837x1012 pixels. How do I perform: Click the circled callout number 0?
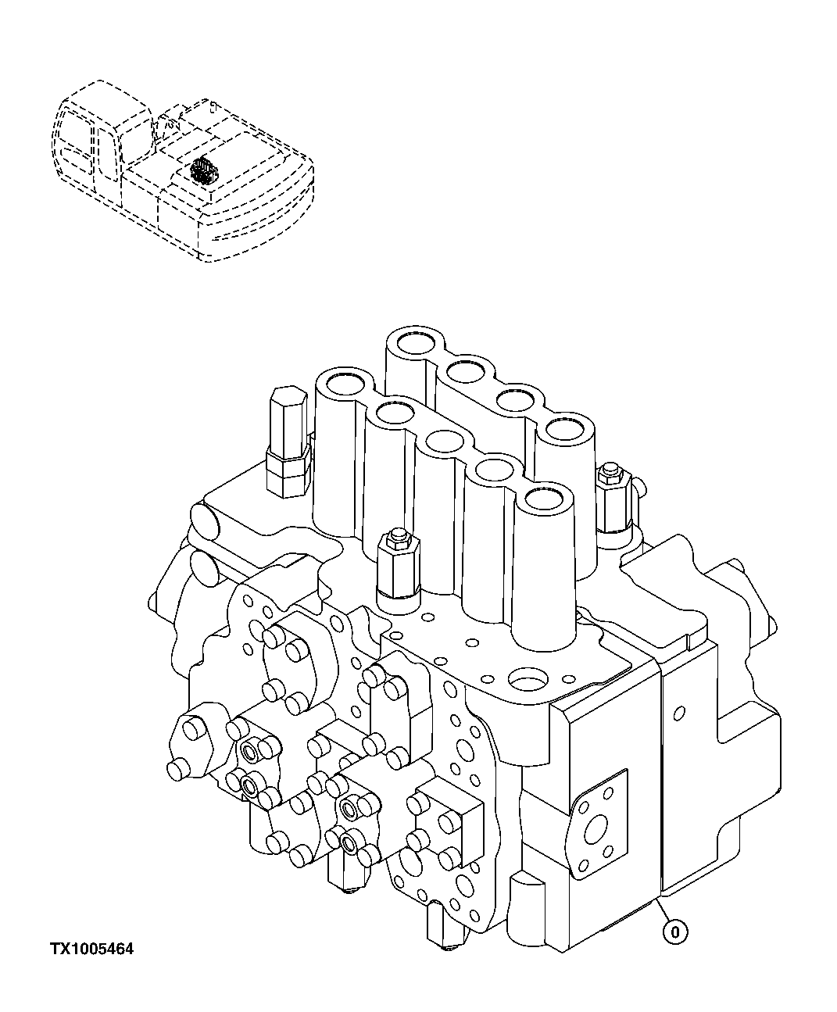pos(676,931)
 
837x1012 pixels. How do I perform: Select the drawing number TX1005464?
pos(91,949)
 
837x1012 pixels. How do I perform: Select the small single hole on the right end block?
pos(679,711)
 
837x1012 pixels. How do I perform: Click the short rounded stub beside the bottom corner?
pos(525,903)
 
